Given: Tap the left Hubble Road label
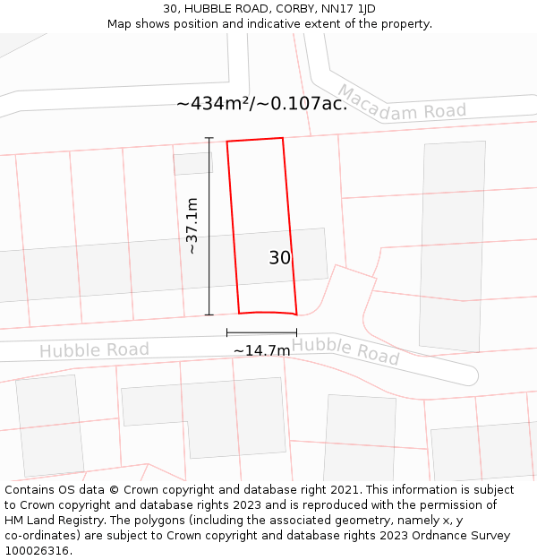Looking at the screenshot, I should pos(94,349).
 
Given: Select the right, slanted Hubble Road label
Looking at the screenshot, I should pos(345,349).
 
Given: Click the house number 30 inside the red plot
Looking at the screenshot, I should pos(279,258).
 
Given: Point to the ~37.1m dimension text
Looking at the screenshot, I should pos(192,227).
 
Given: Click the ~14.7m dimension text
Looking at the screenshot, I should pos(261,350).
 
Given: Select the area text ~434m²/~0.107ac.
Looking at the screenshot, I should pos(261,104).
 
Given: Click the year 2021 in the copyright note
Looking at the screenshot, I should pos(344,490).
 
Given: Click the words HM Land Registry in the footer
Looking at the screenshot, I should pos(47,521).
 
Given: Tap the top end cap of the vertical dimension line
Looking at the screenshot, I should pos(209,138).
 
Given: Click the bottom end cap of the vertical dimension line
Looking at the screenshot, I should pos(209,314).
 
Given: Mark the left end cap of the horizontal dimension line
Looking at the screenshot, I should pos(227,333).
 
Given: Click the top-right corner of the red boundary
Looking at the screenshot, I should pos(283,138).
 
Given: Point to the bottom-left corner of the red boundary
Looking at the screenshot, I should pos(239,314).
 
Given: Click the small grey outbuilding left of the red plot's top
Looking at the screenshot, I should pos(192,163).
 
